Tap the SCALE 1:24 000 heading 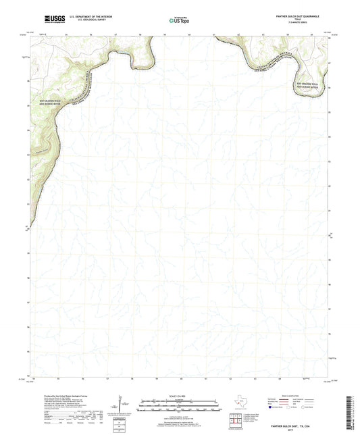(179, 396)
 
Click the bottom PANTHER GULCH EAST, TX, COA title (295, 427)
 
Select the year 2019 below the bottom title (295, 431)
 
